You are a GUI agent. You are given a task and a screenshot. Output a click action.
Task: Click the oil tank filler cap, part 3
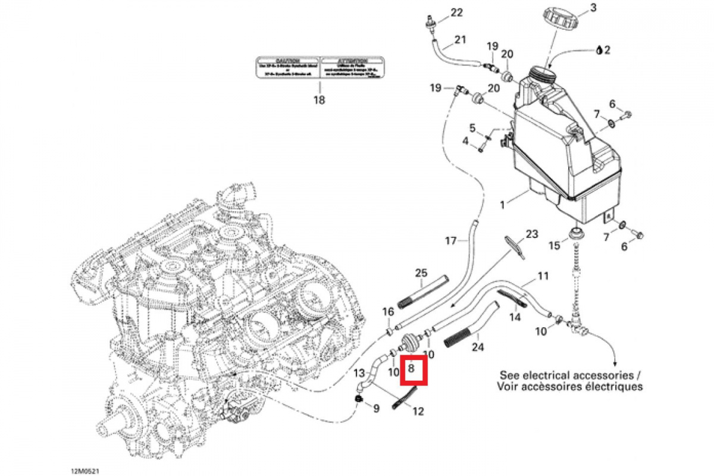pyautogui.click(x=560, y=18)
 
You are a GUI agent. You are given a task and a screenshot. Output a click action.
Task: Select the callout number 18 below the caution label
pyautogui.click(x=320, y=100)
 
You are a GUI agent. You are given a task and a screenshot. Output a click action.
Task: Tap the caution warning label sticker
pyautogui.click(x=320, y=67)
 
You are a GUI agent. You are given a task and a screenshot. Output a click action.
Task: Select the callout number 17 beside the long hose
pyautogui.click(x=451, y=241)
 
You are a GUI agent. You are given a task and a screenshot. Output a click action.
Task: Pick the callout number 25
pyautogui.click(x=421, y=273)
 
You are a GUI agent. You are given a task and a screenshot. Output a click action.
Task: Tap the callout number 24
pyautogui.click(x=478, y=346)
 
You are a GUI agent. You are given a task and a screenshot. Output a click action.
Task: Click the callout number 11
pyautogui.click(x=543, y=276)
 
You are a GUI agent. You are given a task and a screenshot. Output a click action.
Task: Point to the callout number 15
pyautogui.click(x=554, y=245)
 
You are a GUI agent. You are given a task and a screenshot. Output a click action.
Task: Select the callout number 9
pyautogui.click(x=376, y=409)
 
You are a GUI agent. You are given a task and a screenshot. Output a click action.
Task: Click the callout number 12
pyautogui.click(x=418, y=411)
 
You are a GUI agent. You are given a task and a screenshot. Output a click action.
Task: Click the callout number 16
pyautogui.click(x=388, y=312)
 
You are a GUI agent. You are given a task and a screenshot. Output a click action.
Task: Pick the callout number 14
pyautogui.click(x=515, y=317)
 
